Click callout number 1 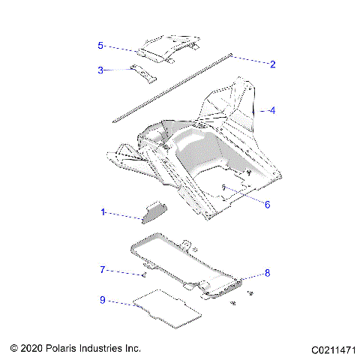[x=103, y=212]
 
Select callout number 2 [x=272, y=64]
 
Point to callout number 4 [x=272, y=110]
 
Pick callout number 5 [x=100, y=46]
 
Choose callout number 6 [x=267, y=203]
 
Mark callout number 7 [x=103, y=269]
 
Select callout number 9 [x=103, y=301]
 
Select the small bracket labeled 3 [x=142, y=72]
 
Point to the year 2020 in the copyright [x=32, y=349]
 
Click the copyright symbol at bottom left [x=13, y=349]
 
